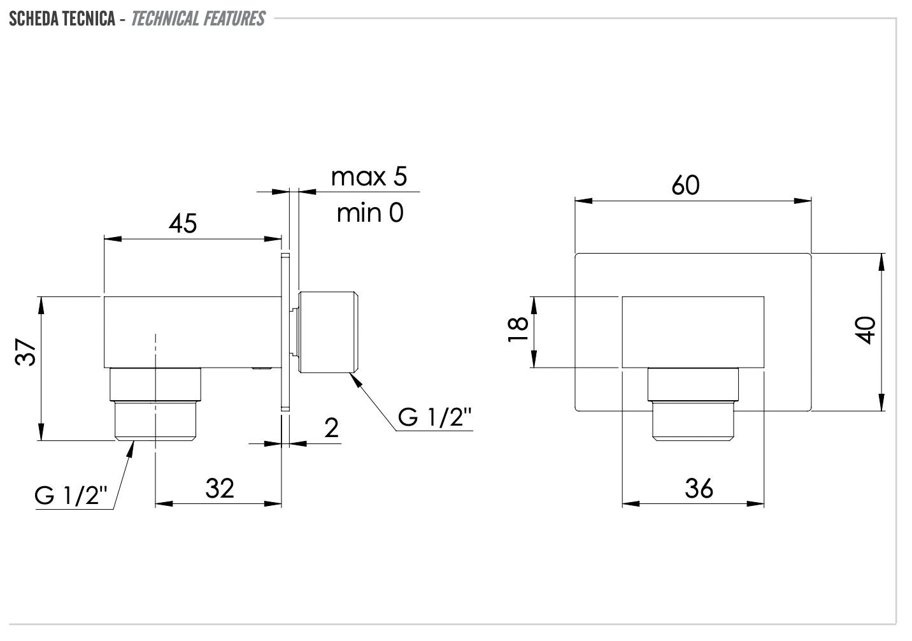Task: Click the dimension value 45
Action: coord(183,224)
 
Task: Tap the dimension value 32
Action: coord(220,488)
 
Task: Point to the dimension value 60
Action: coord(685,185)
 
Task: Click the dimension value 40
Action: coord(866,330)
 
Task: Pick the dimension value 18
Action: coord(519,329)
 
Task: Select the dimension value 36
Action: coord(699,489)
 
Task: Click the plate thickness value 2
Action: coord(332,428)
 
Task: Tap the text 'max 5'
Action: coord(369,176)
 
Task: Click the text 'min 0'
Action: coord(370,213)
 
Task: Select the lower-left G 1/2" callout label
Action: coord(71,495)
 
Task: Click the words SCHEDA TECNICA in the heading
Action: coord(62,18)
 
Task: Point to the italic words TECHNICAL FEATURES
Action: coord(197,18)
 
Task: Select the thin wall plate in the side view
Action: coord(285,331)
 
